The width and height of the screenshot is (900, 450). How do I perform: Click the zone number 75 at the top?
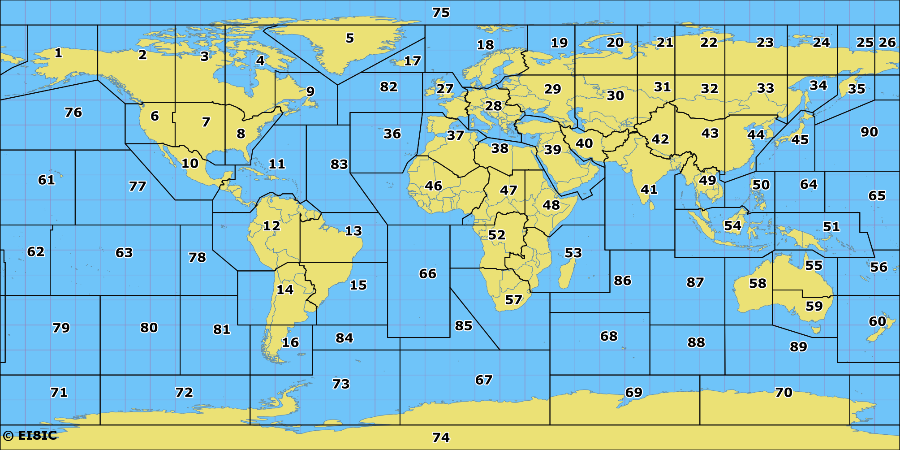(441, 13)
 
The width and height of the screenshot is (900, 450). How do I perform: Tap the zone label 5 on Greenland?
(350, 38)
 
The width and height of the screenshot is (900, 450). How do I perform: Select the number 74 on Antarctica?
(441, 437)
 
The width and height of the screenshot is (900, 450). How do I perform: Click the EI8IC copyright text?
(30, 435)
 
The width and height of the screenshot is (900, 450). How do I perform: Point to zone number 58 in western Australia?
(758, 283)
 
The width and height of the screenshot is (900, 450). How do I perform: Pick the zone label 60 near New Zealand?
(877, 321)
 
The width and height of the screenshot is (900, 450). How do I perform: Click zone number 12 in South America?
(271, 225)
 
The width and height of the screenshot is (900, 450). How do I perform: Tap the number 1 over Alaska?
(58, 53)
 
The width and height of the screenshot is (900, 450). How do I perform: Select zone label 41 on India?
(649, 190)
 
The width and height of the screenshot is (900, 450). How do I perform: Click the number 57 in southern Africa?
(513, 299)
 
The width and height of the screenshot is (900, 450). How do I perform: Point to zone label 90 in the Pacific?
(869, 132)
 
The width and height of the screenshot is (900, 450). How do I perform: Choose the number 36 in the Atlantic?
(392, 134)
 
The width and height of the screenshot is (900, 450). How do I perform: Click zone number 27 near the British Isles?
(445, 89)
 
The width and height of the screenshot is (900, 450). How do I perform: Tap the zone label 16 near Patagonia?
(290, 342)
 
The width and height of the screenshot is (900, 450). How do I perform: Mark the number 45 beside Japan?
(800, 139)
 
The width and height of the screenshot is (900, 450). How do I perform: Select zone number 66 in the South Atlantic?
(427, 273)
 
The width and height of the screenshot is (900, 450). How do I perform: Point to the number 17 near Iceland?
(412, 61)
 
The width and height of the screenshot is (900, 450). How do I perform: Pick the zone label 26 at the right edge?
(887, 43)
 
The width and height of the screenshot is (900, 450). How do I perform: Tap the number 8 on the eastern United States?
(241, 134)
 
